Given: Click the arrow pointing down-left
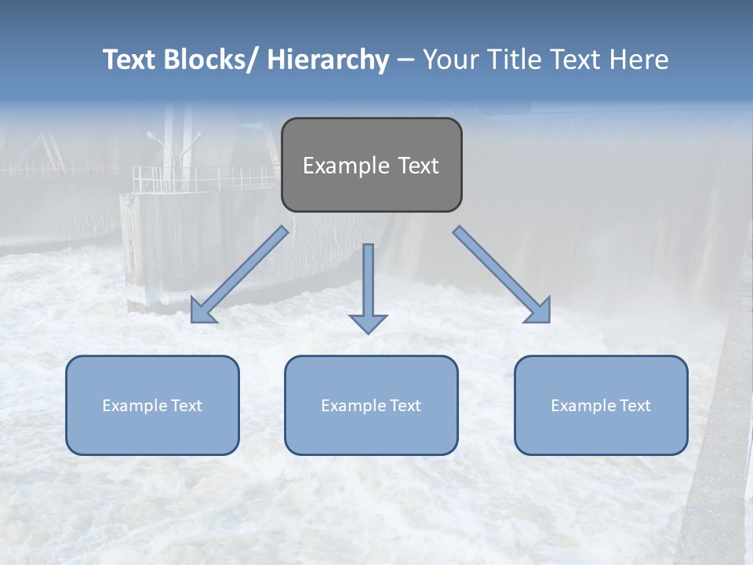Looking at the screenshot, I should pyautogui.click(x=239, y=274).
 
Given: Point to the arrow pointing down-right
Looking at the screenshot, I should pyautogui.click(x=502, y=275).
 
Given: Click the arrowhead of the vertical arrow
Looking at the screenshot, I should pyautogui.click(x=368, y=323).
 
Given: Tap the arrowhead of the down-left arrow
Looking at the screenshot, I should pyautogui.click(x=202, y=312).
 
